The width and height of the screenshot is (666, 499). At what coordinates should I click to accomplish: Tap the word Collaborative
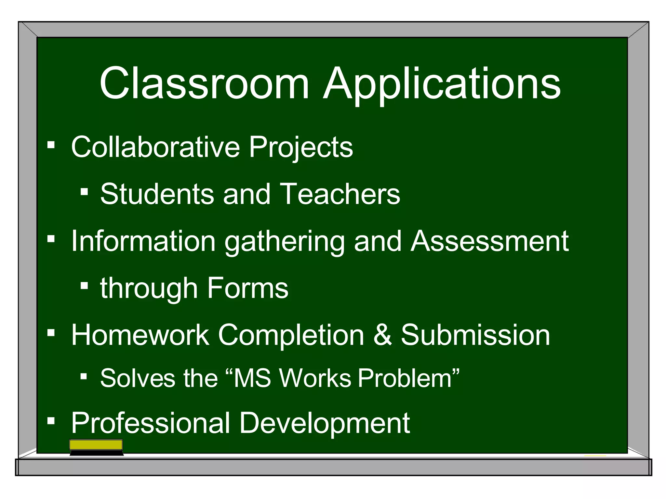coord(155,147)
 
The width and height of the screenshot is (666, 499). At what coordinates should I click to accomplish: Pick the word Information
coord(143,241)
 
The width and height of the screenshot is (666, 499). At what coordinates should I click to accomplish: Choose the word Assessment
coord(489,241)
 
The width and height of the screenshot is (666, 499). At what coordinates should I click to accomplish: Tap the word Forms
coord(247,288)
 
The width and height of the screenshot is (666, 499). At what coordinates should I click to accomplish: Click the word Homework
coord(140,335)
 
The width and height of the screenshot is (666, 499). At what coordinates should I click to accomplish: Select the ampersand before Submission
coord(382,335)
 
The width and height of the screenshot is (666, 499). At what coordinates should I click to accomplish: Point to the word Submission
coord(475,335)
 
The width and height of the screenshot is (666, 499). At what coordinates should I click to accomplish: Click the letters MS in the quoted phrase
coord(252,378)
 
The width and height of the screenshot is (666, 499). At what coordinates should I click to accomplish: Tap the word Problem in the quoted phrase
coord(405,378)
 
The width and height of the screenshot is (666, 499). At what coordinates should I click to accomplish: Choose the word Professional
coord(151,423)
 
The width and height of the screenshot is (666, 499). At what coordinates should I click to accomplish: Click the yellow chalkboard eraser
coord(96,447)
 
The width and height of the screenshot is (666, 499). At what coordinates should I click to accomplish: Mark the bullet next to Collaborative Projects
coord(51,145)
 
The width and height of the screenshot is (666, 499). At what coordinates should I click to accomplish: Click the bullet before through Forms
coord(84,286)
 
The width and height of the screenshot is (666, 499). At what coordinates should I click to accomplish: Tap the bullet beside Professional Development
coord(51,421)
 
